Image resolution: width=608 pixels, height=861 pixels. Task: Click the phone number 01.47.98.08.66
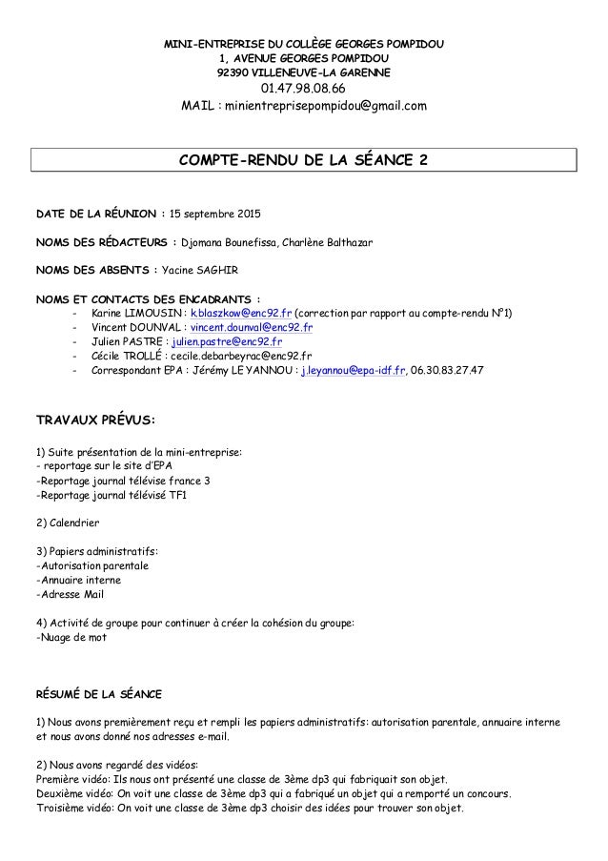tap(304, 89)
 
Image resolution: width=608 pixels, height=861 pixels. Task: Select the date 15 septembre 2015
tap(216, 212)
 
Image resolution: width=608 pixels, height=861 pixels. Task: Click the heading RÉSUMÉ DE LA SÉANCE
tap(98, 693)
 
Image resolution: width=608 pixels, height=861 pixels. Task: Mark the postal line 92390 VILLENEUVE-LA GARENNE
tap(304, 72)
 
